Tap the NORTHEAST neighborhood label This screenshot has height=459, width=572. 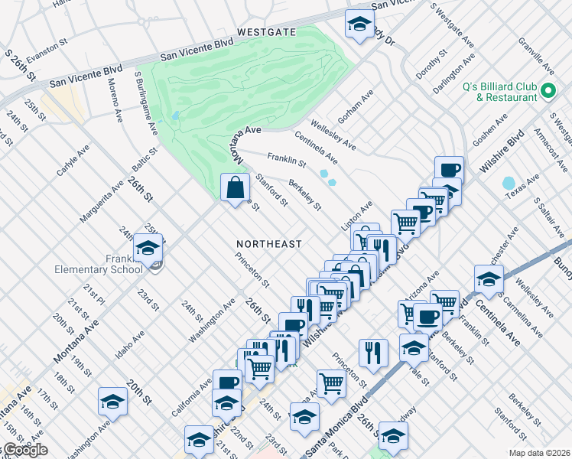click(x=268, y=244)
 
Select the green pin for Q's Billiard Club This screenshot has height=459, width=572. click(x=548, y=92)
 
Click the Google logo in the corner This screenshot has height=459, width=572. click(x=24, y=451)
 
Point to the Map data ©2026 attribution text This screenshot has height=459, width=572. click(x=538, y=453)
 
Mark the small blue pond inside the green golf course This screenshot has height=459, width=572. click(x=176, y=116)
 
